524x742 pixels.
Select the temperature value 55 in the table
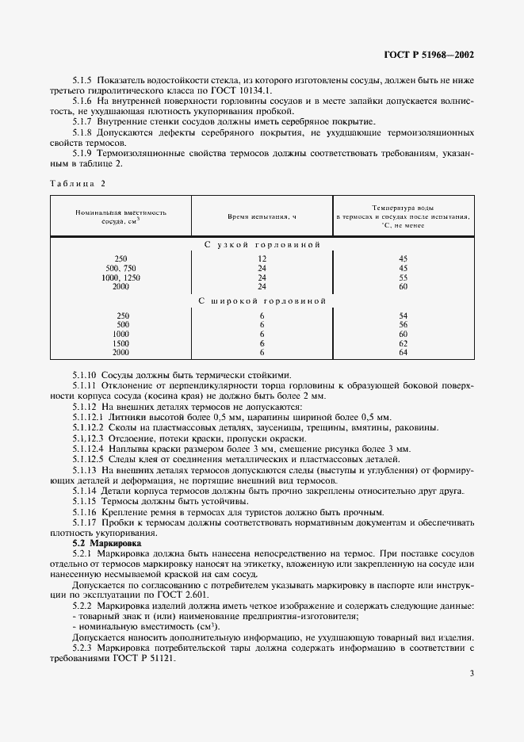pyautogui.click(x=403, y=277)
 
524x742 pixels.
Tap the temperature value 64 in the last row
pyautogui.click(x=403, y=351)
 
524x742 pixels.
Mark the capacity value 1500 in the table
pyautogui.click(x=120, y=342)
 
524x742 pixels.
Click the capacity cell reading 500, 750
pyautogui.click(x=120, y=269)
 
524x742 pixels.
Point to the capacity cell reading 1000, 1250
pyautogui.click(x=120, y=277)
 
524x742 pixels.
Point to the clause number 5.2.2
pyautogui.click(x=85, y=606)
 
